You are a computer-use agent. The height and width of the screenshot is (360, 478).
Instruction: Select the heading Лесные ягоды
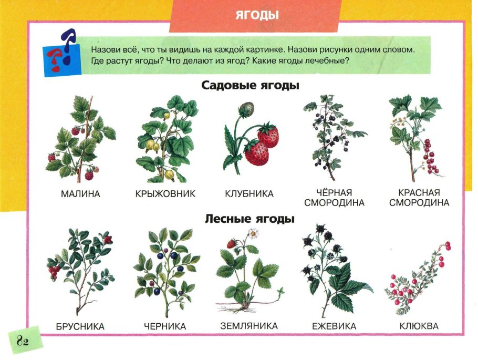tap(250, 218)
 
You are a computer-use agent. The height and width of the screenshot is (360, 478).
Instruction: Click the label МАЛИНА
tap(80, 194)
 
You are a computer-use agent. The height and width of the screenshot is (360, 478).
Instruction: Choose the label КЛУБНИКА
tap(249, 194)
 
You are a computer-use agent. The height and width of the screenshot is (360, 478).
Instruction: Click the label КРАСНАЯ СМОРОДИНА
tap(419, 198)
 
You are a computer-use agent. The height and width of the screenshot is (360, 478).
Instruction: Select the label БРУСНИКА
tap(80, 327)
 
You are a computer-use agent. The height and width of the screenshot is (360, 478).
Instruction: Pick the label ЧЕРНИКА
tap(164, 327)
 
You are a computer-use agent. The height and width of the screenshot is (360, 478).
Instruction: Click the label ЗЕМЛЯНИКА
tap(249, 326)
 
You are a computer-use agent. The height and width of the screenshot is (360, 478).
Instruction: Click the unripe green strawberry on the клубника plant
tap(245, 109)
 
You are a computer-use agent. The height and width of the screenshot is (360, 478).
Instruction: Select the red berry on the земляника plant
tap(231, 244)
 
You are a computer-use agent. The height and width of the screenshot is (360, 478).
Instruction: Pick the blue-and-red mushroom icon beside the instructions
tap(60, 52)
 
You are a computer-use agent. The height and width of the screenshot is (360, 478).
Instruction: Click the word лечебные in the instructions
tap(327, 61)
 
